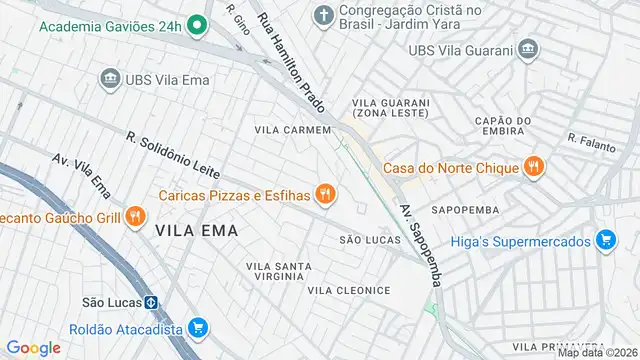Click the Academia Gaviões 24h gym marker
(x=197, y=26)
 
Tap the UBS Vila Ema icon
(x=109, y=78)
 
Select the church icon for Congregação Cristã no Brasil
(x=323, y=15)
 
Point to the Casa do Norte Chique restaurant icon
(x=535, y=167)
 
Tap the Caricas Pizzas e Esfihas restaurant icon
(x=324, y=194)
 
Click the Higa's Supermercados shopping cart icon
(x=604, y=240)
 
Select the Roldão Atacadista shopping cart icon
(x=198, y=328)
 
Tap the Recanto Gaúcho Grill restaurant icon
(x=137, y=216)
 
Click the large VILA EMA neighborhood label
(x=197, y=230)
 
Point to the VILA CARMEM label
(x=292, y=130)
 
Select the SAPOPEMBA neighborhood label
(x=465, y=211)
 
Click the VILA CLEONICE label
(x=349, y=290)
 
